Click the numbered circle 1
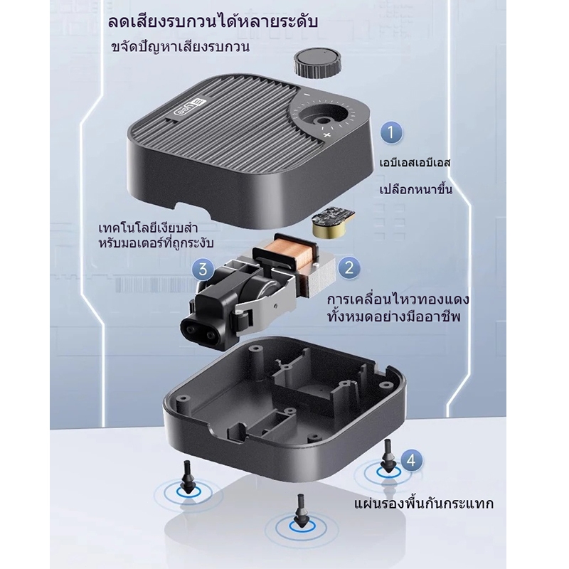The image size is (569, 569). click(392, 132)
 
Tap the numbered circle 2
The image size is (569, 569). click(349, 268)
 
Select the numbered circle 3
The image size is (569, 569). click(203, 269)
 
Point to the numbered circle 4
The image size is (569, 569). click(411, 460)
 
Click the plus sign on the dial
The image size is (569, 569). click(327, 136)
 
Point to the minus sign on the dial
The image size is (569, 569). click(307, 95)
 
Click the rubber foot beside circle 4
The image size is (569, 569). click(388, 456)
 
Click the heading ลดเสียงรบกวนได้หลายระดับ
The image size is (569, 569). click(213, 21)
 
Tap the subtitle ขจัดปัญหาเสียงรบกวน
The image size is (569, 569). click(181, 48)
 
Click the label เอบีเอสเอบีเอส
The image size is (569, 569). click(415, 162)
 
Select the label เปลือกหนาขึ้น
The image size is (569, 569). click(416, 189)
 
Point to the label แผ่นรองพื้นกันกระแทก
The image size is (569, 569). click(424, 504)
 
